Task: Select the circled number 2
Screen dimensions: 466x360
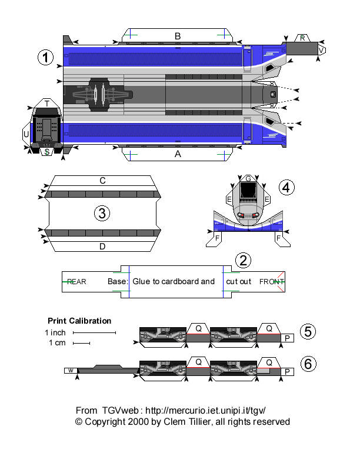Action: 244,260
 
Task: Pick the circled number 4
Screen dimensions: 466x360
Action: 285,188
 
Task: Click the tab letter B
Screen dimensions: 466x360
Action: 178,36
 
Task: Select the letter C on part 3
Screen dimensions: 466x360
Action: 102,181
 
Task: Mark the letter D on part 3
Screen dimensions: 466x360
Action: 102,247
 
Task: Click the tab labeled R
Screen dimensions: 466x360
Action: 302,38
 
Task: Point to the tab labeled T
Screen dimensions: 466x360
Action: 46,104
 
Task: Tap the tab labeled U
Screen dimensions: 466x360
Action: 26,134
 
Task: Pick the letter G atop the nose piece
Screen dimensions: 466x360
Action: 249,178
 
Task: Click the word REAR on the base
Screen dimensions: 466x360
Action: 76,282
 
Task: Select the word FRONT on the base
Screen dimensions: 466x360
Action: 272,282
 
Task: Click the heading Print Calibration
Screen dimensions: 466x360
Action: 79,321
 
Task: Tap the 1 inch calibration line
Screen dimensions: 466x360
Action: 94,333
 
